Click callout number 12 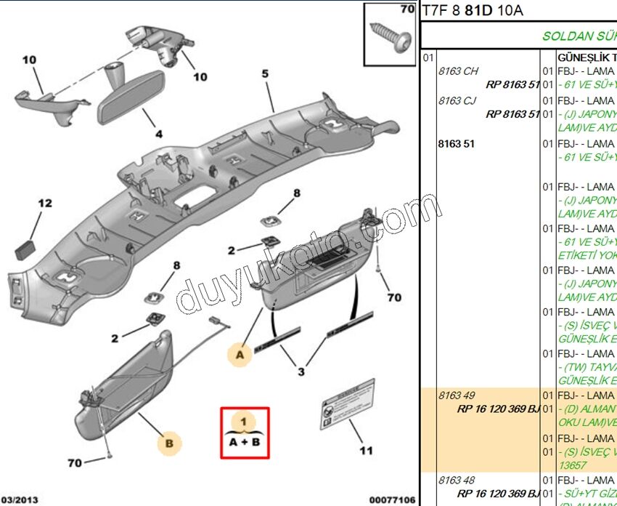pyautogui.click(x=45, y=204)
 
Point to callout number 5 pyautogui.click(x=265, y=73)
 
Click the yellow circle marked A pyautogui.click(x=240, y=354)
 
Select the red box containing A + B pyautogui.click(x=245, y=433)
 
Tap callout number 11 pyautogui.click(x=366, y=451)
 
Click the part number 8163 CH pyautogui.click(x=458, y=71)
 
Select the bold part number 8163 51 pyautogui.click(x=456, y=144)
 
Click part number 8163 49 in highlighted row pyautogui.click(x=458, y=395)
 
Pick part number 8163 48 pyautogui.click(x=458, y=480)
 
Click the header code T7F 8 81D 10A pyautogui.click(x=473, y=10)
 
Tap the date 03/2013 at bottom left pyautogui.click(x=20, y=499)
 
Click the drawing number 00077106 pyautogui.click(x=392, y=499)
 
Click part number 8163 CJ pyautogui.click(x=458, y=101)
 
